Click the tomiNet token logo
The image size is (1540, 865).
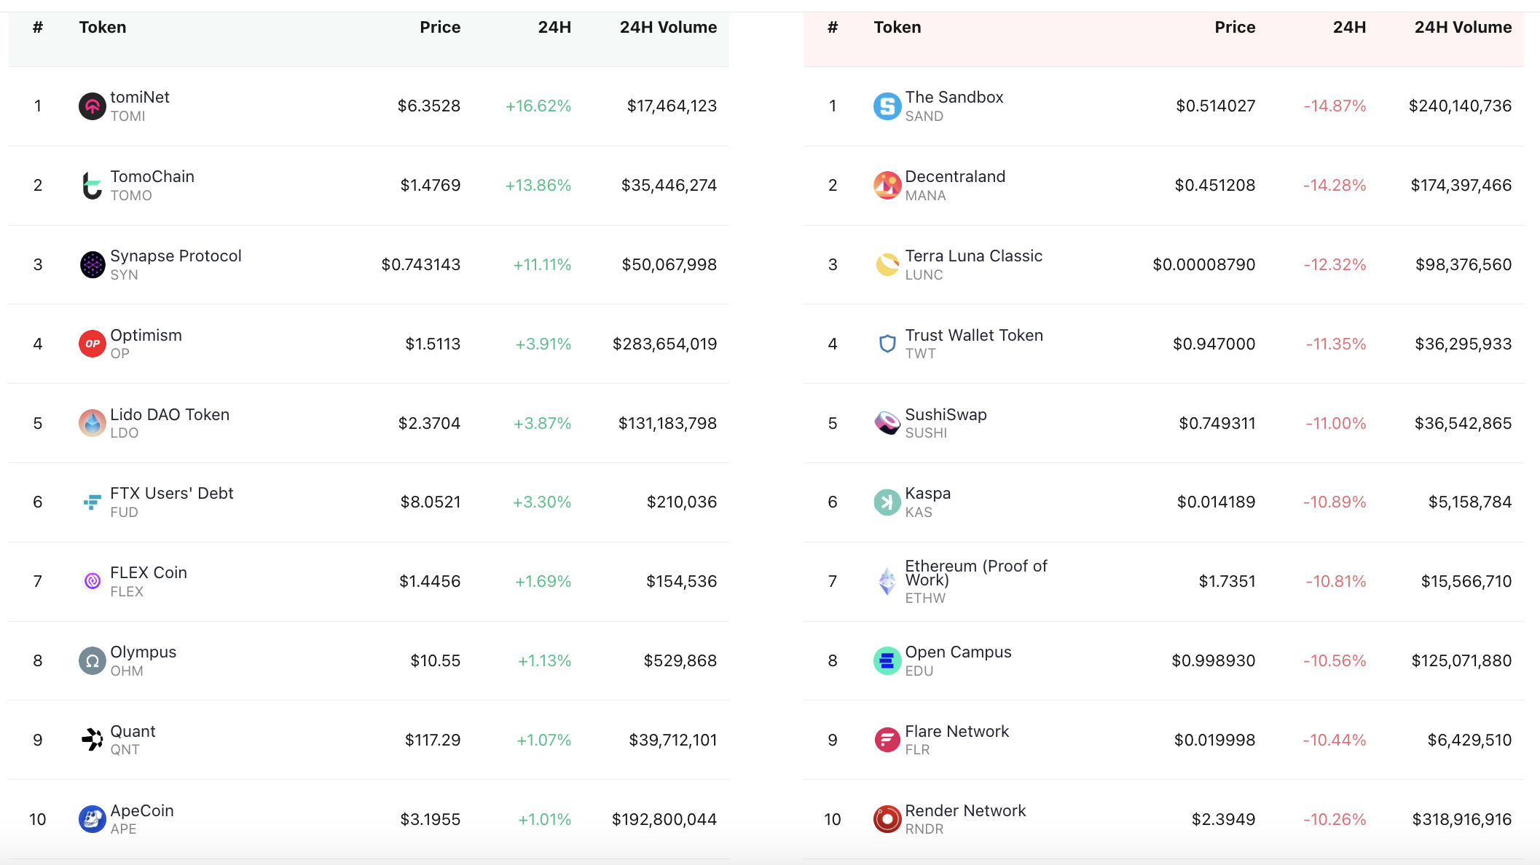tap(92, 106)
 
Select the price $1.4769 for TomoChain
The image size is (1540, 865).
tap(430, 186)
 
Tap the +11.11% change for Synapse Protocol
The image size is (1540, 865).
tap(541, 265)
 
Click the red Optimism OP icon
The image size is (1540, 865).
tap(92, 344)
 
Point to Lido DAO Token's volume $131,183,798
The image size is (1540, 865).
tap(667, 423)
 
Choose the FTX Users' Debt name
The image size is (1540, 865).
tap(171, 494)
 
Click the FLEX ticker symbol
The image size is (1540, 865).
tap(127, 592)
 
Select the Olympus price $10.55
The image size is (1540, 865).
tap(435, 661)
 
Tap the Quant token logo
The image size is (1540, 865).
tap(92, 740)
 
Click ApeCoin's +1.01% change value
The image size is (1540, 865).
tap(544, 820)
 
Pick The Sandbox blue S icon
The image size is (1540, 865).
tap(887, 106)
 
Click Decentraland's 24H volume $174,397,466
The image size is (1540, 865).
tap(1461, 186)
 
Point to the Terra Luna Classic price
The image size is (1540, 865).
tap(1203, 265)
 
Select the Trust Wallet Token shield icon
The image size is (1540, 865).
tap(887, 344)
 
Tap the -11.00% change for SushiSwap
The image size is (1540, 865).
tap(1335, 423)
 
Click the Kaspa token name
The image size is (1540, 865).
tap(927, 494)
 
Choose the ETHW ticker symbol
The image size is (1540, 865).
tap(925, 599)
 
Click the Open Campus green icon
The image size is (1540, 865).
tap(887, 661)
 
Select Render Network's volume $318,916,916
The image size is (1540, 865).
tap(1461, 820)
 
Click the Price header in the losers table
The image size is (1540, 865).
tap(1234, 28)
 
